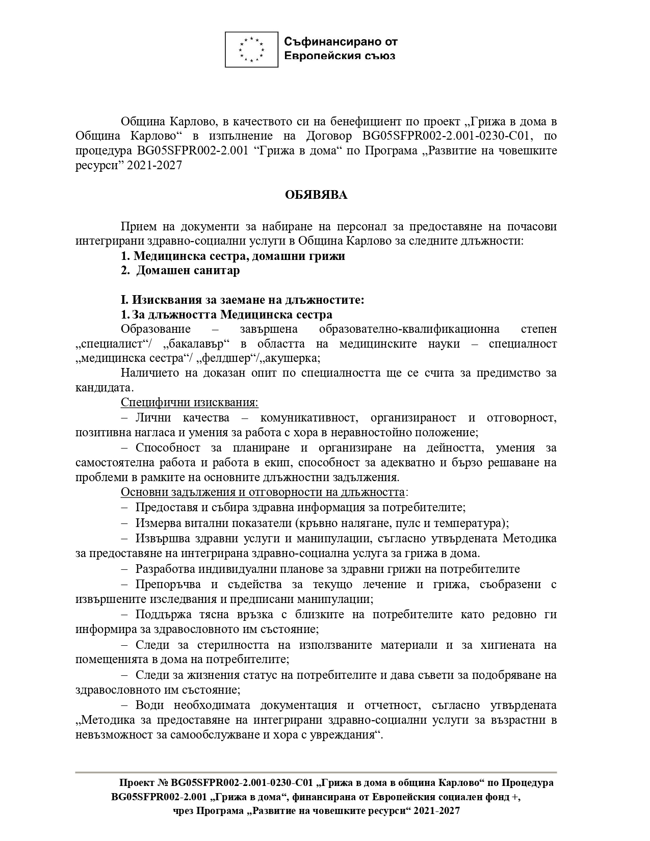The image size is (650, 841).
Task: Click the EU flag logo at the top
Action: coord(252,49)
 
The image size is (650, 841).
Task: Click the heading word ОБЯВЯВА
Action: coord(316,195)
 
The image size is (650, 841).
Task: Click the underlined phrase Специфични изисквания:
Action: coord(190,403)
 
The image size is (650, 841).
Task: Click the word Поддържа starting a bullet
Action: coord(161,615)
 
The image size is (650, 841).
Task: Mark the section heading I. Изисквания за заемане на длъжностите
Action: coord(243,300)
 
